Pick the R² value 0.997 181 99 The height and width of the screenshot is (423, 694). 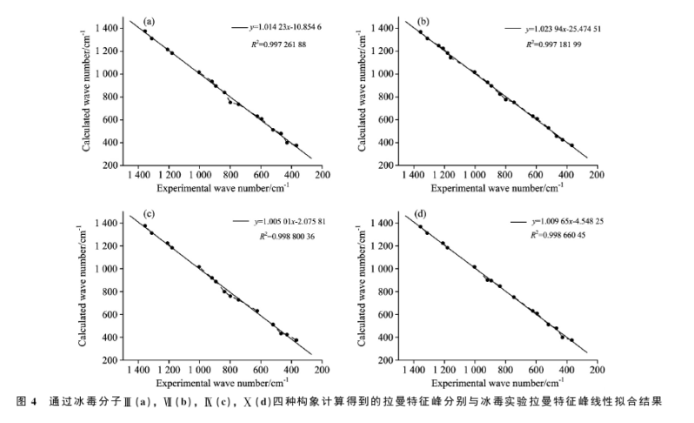tap(566, 43)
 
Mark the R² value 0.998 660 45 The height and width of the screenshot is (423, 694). tap(566, 236)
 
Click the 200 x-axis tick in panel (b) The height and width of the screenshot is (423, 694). tap(597, 174)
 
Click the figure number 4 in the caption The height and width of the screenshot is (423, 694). tap(37, 402)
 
